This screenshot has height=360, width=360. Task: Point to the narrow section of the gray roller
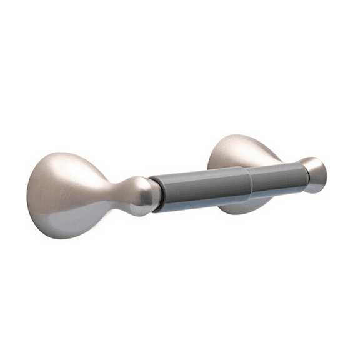coord(275,178)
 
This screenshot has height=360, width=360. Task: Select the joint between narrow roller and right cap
coord(301,175)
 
